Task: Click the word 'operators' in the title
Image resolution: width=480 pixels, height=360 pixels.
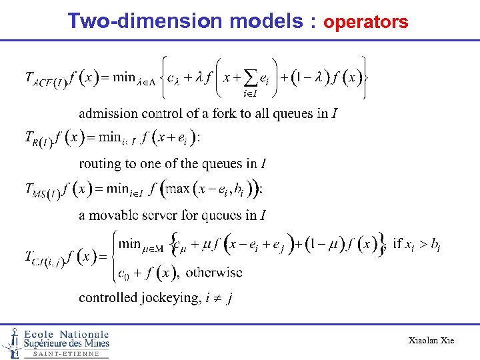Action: tap(365, 23)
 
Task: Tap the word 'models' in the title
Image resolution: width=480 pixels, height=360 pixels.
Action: tap(266, 21)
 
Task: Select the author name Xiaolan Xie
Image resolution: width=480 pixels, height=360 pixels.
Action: tap(431, 341)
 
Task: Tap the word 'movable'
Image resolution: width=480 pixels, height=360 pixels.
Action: tap(119, 215)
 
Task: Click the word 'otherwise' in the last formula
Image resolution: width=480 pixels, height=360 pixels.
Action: tap(214, 272)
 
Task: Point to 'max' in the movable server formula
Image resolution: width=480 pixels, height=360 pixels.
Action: tap(177, 189)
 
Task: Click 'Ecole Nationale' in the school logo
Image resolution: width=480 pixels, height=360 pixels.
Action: tap(67, 334)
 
